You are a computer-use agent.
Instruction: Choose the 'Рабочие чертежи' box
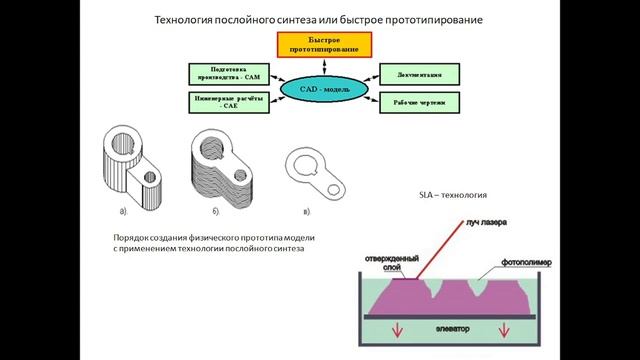pos(418,102)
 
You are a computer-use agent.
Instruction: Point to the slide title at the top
pos(319,19)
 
